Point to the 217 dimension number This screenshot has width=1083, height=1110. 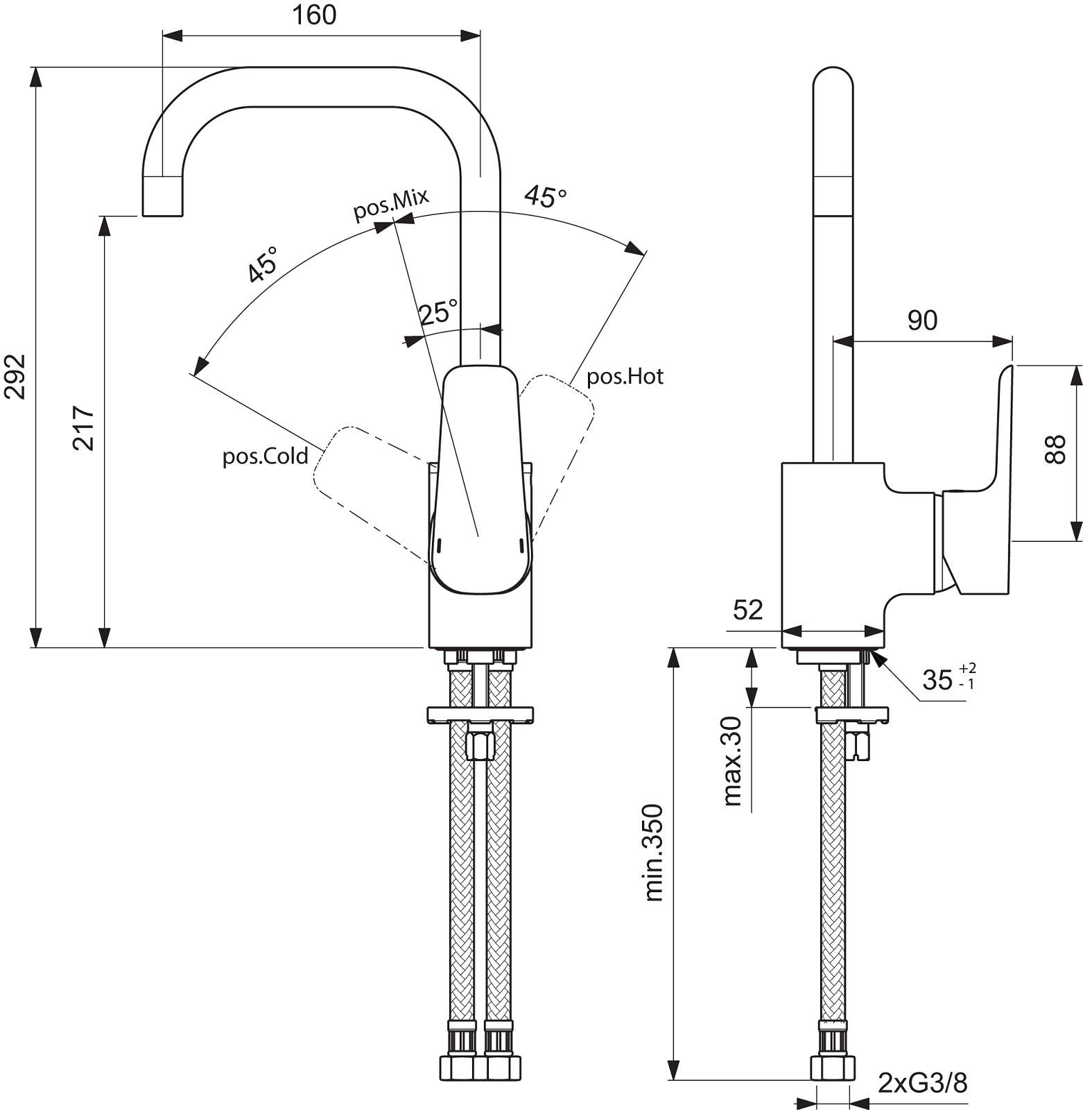[x=84, y=429]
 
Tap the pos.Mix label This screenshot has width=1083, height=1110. [x=391, y=204]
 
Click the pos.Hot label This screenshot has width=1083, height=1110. [x=625, y=377]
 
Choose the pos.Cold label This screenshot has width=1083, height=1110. [x=265, y=456]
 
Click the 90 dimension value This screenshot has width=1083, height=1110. [x=923, y=320]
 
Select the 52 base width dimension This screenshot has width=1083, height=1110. [x=747, y=610]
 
